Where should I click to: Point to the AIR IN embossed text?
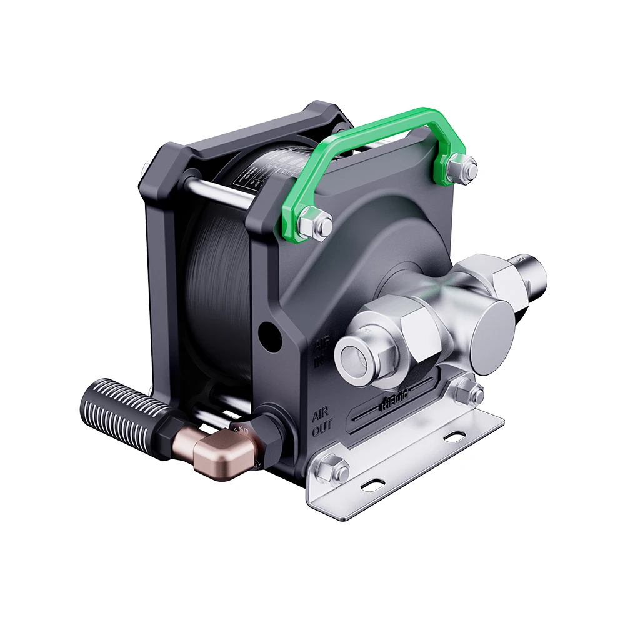click(320, 351)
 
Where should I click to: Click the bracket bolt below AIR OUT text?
click(332, 469)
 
